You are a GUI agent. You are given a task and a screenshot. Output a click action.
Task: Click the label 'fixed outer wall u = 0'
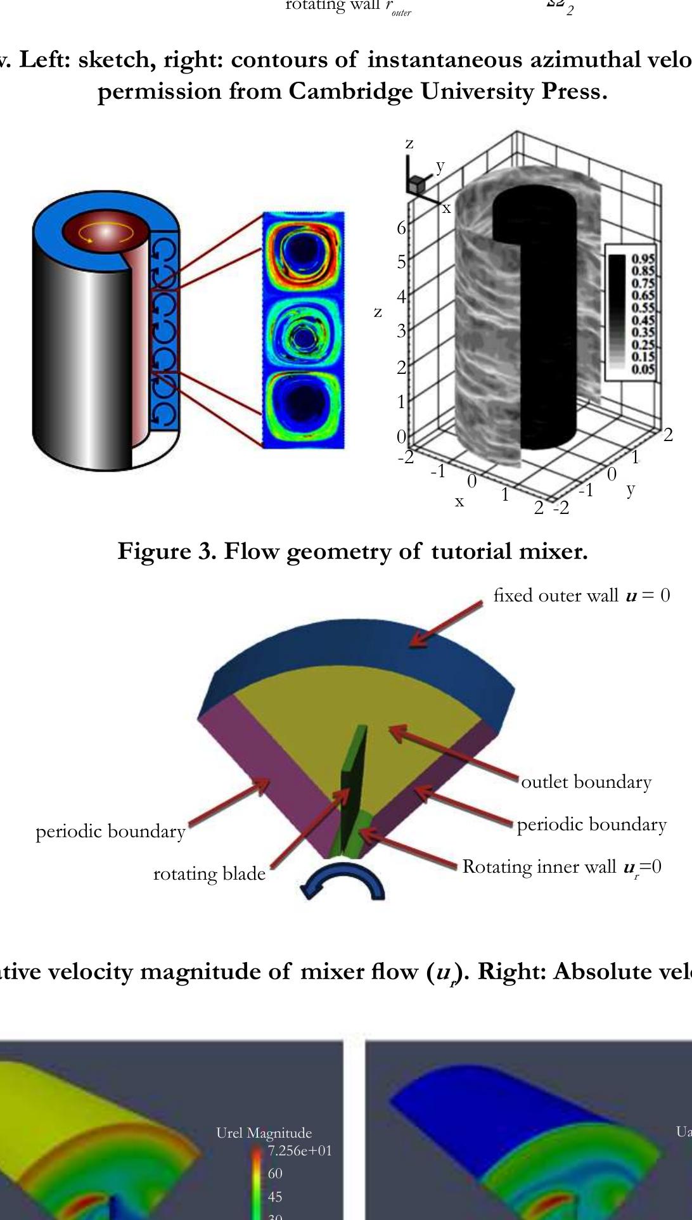pyautogui.click(x=581, y=596)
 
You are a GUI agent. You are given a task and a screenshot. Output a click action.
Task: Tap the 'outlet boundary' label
pyautogui.click(x=586, y=782)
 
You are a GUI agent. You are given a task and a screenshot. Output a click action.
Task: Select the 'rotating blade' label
pyautogui.click(x=209, y=874)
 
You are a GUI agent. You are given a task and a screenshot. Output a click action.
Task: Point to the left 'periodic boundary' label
pyautogui.click(x=110, y=832)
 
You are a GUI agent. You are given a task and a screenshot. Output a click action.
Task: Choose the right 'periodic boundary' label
pyautogui.click(x=591, y=825)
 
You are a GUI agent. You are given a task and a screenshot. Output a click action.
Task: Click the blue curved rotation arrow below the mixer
pyautogui.click(x=343, y=883)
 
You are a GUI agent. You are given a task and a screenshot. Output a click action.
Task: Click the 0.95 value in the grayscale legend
pyautogui.click(x=643, y=259)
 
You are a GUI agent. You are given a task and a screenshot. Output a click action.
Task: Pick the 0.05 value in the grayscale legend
pyautogui.click(x=643, y=369)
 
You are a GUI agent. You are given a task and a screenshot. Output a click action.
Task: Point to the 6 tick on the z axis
pyautogui.click(x=400, y=228)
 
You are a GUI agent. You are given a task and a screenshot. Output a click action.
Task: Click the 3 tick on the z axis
pyautogui.click(x=400, y=331)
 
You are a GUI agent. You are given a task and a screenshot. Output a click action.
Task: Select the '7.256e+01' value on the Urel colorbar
pyautogui.click(x=300, y=1151)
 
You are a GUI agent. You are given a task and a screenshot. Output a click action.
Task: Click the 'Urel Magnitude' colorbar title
pyautogui.click(x=264, y=1133)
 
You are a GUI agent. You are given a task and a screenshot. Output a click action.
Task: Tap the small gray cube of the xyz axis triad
pyautogui.click(x=416, y=186)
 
